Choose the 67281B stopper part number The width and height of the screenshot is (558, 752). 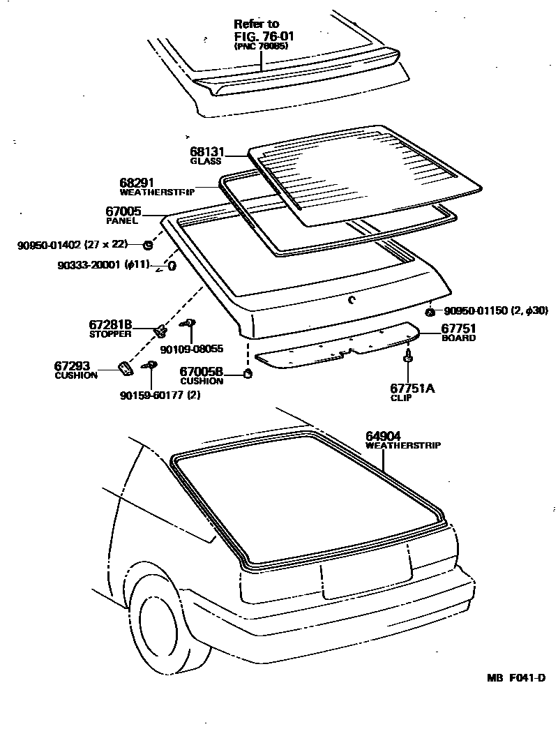pos(110,325)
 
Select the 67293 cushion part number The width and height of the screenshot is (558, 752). pos(72,366)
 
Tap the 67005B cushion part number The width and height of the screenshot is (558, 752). pos(202,373)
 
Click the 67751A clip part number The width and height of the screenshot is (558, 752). pos(412,389)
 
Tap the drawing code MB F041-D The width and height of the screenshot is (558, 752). pos(516,678)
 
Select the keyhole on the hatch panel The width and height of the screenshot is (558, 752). pos(352,300)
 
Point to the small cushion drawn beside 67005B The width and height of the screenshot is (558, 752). pos(246,375)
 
